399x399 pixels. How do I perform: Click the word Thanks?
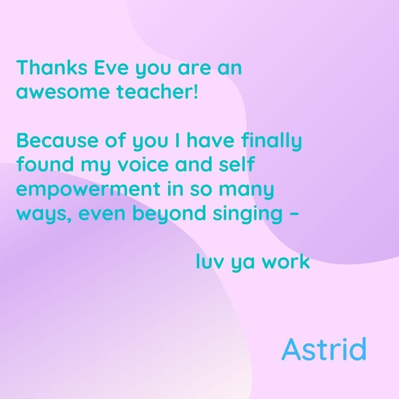click(52, 68)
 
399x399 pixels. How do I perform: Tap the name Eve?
click(112, 68)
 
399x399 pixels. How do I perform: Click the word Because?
click(57, 140)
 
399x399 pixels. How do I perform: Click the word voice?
click(143, 164)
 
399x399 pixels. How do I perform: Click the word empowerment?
click(88, 189)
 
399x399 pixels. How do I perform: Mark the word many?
click(246, 190)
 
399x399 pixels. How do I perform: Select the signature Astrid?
click(324, 349)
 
